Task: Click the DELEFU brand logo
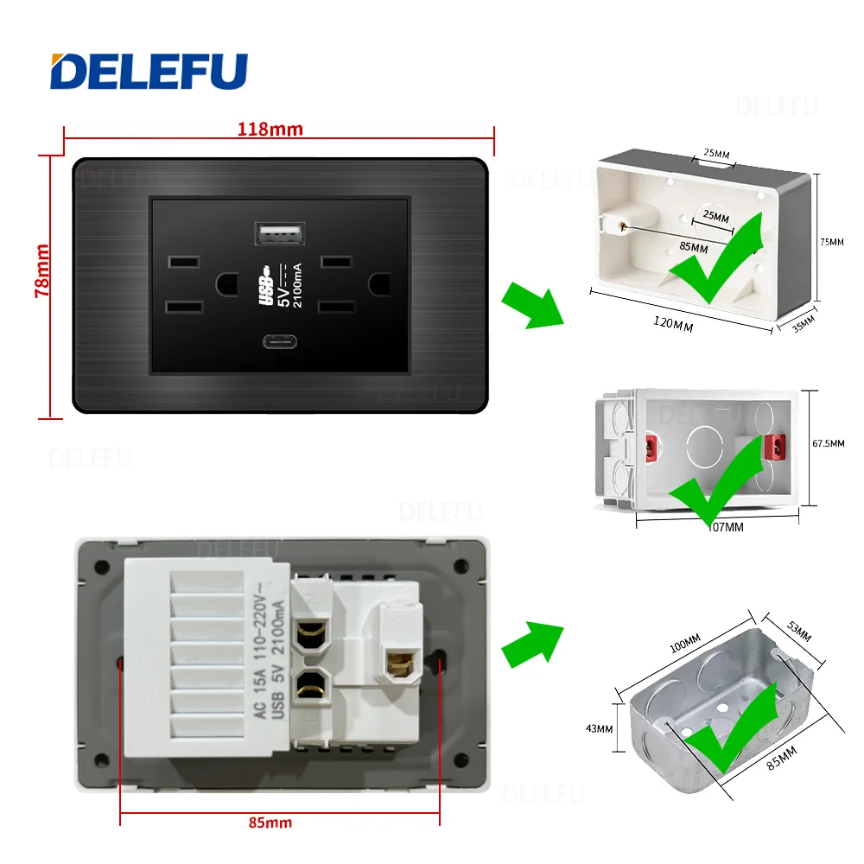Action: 149,71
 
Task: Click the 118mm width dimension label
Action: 270,130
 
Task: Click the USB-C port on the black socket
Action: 279,338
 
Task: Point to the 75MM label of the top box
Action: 830,242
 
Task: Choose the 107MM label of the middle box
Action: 724,526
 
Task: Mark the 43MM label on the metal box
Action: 598,728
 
